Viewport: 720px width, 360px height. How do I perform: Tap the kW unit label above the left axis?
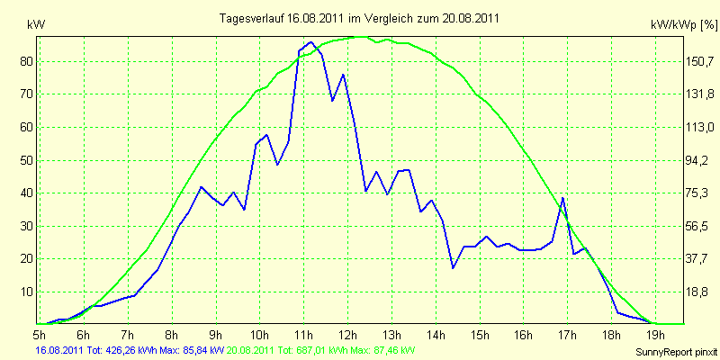pyautogui.click(x=36, y=25)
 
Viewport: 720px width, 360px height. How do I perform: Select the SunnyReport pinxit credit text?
pyautogui.click(x=676, y=352)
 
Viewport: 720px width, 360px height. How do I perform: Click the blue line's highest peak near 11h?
pyautogui.click(x=310, y=41)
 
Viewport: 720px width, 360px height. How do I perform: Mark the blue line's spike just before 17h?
pyautogui.click(x=562, y=198)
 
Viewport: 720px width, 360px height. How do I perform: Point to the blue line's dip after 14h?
pyautogui.click(x=453, y=267)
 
